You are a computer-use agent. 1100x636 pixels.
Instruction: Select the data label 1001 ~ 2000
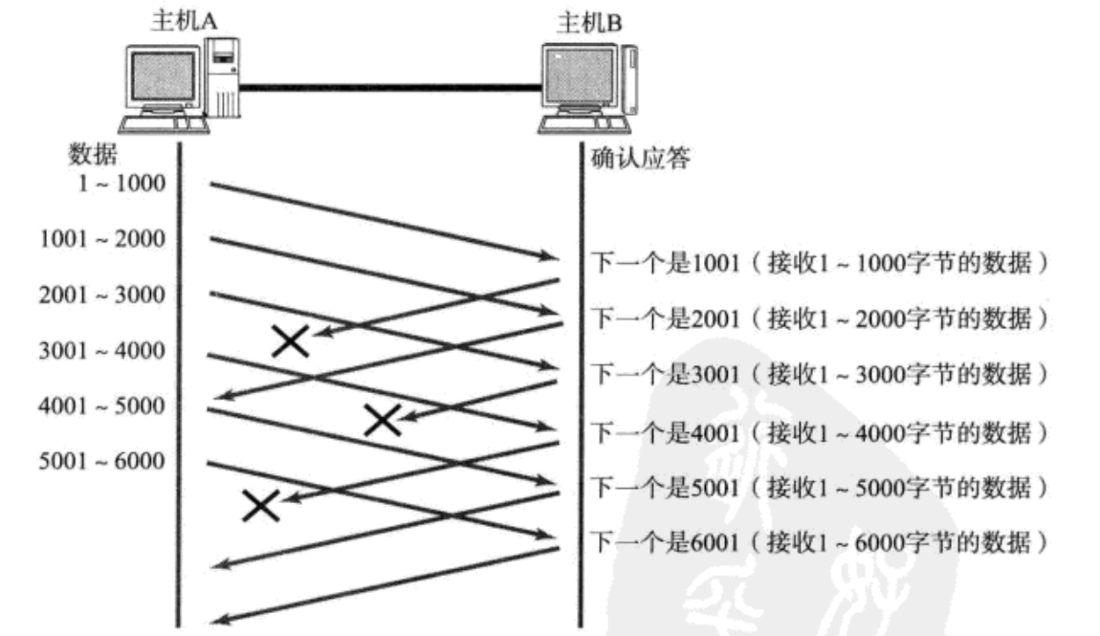point(101,239)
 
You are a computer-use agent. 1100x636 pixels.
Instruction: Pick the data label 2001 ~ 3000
point(101,295)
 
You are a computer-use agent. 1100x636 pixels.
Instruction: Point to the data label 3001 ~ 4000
point(101,351)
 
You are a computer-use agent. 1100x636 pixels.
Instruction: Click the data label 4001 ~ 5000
point(101,406)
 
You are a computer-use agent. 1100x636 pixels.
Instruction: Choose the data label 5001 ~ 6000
point(101,462)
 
